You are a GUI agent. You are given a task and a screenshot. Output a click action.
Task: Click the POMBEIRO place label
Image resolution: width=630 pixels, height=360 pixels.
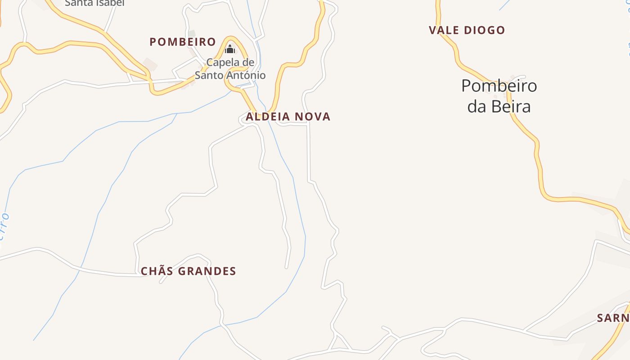point(183,42)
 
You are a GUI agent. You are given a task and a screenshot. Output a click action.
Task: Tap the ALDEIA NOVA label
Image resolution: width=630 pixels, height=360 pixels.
point(288,117)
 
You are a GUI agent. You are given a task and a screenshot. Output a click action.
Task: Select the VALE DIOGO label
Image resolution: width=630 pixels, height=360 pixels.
point(467,30)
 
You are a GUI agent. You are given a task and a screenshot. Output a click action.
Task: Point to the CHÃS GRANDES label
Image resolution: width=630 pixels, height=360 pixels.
point(188,271)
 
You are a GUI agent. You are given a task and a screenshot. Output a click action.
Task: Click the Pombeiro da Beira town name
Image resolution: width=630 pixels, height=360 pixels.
point(499,96)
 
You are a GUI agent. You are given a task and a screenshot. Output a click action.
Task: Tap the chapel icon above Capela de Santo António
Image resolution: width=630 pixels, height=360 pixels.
point(230,49)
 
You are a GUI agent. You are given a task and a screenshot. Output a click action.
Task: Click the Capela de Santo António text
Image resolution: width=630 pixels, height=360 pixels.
point(230,68)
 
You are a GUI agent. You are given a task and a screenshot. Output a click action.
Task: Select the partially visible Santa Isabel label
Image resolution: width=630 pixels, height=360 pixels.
point(94,3)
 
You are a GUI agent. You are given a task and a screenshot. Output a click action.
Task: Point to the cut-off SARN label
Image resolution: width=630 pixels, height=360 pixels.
point(613,318)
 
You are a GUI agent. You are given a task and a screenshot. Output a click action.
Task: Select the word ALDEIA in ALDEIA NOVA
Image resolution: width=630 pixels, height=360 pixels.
point(265,117)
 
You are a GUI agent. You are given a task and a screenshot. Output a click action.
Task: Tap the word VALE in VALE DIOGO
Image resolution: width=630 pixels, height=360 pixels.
point(443,30)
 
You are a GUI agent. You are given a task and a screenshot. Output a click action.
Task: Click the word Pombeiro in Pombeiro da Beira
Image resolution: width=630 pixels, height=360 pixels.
point(499,85)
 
